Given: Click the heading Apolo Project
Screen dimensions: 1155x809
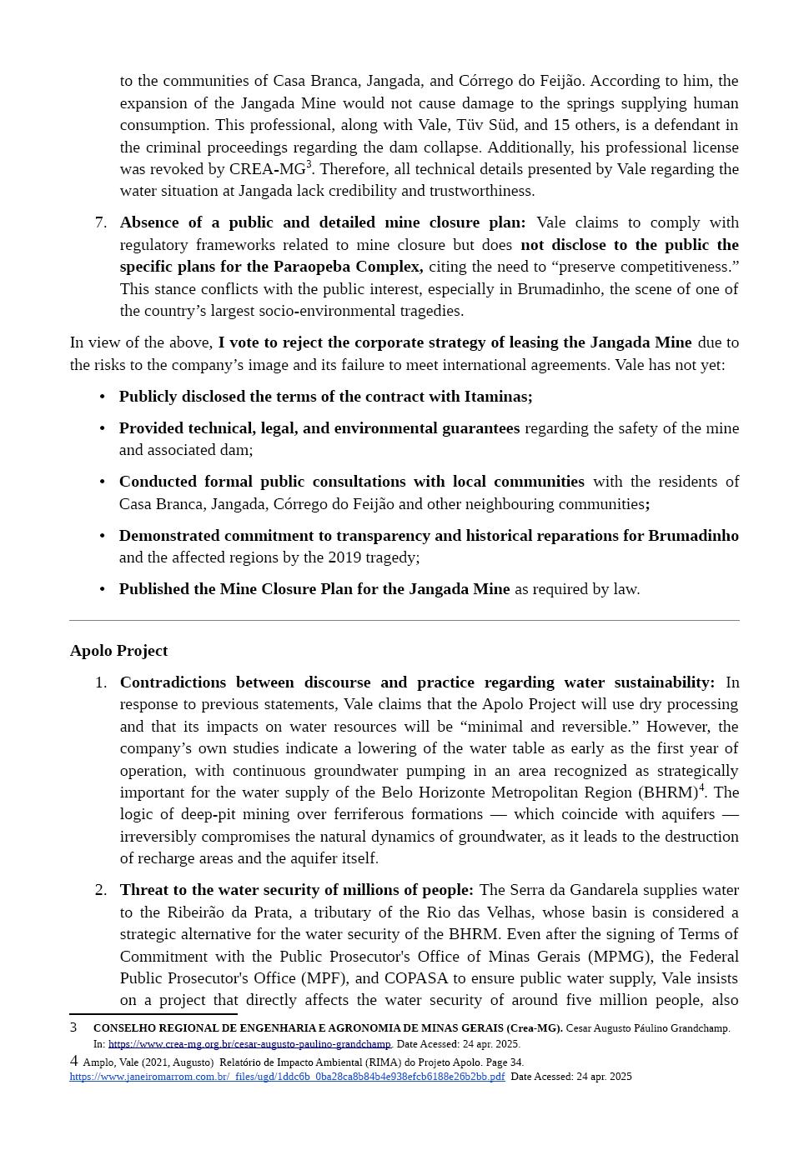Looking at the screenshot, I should click(118, 651).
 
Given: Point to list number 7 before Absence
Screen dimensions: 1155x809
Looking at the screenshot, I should click(100, 222).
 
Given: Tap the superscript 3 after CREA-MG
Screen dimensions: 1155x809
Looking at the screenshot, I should click(309, 164).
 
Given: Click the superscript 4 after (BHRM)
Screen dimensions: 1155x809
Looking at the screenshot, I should click(701, 787).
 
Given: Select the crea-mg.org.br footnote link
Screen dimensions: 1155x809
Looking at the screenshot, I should click(249, 1044).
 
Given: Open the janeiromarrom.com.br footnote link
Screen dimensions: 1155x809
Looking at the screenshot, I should click(287, 1077).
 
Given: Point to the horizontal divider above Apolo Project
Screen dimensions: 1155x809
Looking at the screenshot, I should click(404, 621).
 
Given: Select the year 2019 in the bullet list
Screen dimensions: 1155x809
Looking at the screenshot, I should click(345, 557).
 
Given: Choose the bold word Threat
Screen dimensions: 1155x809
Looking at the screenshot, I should click(143, 890).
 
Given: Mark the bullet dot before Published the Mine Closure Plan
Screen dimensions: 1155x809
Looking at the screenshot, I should click(103, 589).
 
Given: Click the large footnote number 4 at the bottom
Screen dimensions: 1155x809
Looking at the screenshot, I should click(74, 1061).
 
